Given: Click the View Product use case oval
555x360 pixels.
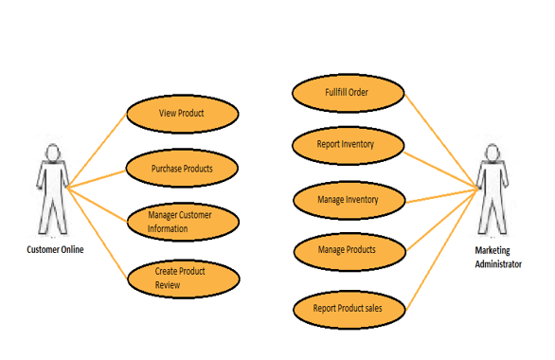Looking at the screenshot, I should click(181, 114).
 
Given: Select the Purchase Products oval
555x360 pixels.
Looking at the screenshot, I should click(181, 169).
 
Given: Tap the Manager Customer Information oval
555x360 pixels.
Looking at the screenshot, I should click(181, 222).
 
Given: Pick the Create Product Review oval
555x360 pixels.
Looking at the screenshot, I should click(181, 277).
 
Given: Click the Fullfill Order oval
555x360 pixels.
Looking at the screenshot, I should click(347, 93).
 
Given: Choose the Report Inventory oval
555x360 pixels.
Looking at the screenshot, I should click(348, 145).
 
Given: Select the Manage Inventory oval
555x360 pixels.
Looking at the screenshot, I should click(349, 200).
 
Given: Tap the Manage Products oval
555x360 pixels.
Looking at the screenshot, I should click(348, 250).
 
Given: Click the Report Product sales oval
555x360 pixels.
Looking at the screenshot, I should click(349, 308).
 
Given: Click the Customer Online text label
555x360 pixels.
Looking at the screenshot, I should click(54, 250).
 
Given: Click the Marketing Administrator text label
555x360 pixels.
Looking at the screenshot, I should click(497, 259).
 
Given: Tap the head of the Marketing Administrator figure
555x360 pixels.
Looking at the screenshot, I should click(492, 153).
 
